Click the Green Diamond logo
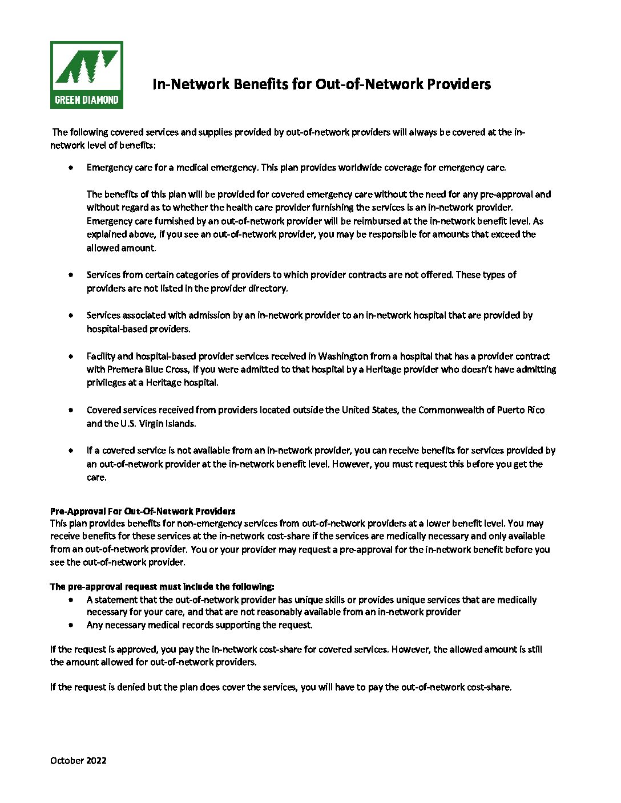point(86,75)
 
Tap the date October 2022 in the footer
point(78,760)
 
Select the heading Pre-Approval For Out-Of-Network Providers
point(143,511)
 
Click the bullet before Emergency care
point(70,168)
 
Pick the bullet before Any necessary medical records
point(70,625)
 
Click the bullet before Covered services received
point(70,410)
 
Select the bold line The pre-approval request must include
point(162,587)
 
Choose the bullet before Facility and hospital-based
point(70,356)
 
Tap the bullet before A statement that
point(70,600)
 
